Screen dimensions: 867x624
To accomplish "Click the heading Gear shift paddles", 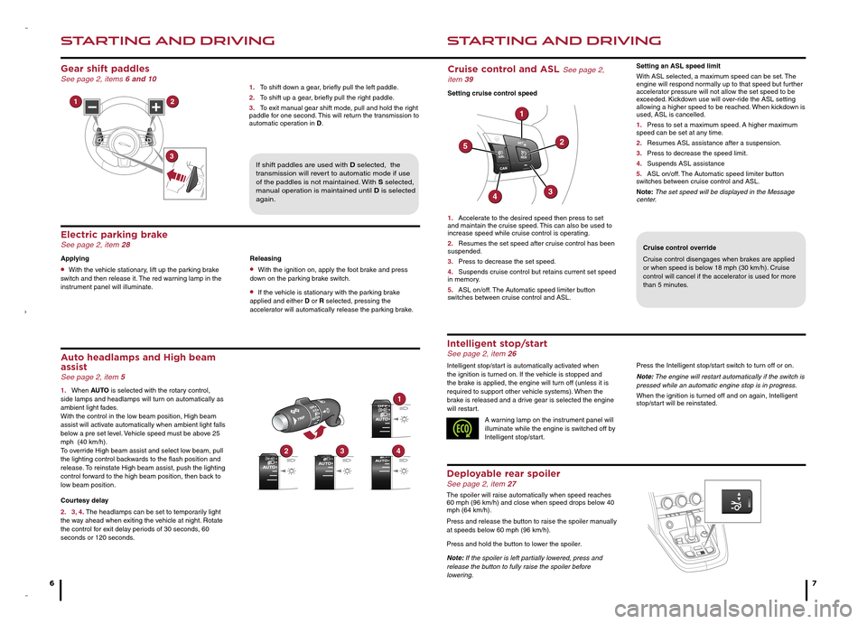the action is (x=105, y=68).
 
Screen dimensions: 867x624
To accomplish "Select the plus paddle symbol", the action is (x=157, y=107).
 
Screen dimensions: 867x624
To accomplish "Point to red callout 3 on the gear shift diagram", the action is (x=171, y=156).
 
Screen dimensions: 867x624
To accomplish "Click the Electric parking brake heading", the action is (x=114, y=235).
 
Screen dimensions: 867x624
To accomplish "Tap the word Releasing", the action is (x=266, y=257).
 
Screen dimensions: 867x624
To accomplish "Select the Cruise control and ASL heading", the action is (x=504, y=68).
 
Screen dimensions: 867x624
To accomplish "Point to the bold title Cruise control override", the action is (x=679, y=247).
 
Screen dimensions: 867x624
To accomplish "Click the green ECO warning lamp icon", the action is (x=462, y=429).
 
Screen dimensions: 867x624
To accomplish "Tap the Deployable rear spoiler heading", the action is (x=510, y=473).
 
